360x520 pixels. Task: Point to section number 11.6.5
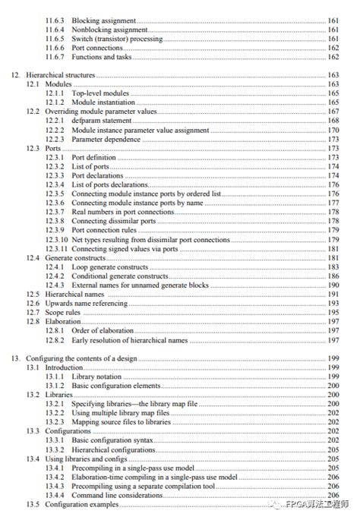point(55,38)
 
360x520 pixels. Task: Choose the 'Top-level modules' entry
point(102,93)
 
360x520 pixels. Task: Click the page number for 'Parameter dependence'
point(332,139)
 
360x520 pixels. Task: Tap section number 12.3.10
point(57,239)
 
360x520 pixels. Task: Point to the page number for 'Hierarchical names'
point(332,294)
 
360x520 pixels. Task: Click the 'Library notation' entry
point(100,376)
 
